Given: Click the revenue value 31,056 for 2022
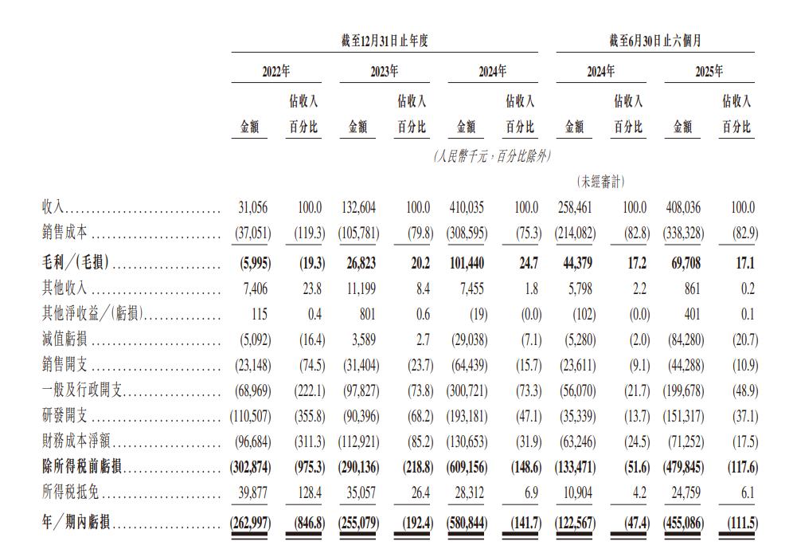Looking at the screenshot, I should (x=254, y=208).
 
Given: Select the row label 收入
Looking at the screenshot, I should (x=53, y=208).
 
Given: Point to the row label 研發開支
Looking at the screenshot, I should (x=64, y=417).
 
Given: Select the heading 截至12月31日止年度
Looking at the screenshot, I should (x=385, y=41).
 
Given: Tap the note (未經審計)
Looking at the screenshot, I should (x=600, y=182).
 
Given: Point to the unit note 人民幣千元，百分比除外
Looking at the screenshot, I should (x=493, y=155).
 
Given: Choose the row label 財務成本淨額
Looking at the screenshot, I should (x=76, y=441).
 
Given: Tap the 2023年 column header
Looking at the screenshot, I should (x=385, y=71).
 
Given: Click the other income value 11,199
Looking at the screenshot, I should (x=362, y=288).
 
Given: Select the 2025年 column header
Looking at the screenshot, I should (x=709, y=71).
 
